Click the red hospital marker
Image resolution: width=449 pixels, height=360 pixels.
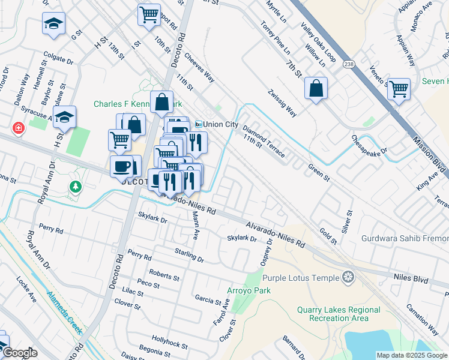19,128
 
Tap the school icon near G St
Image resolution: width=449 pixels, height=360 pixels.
53,25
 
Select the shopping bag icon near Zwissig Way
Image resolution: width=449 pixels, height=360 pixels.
316,89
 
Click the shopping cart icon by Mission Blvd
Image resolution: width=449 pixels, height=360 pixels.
399,89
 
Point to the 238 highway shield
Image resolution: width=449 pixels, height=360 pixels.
348,64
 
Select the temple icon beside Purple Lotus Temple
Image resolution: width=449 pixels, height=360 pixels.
347,277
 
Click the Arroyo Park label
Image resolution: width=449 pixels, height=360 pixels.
249,291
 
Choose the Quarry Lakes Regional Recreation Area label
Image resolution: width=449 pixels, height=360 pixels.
339,314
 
